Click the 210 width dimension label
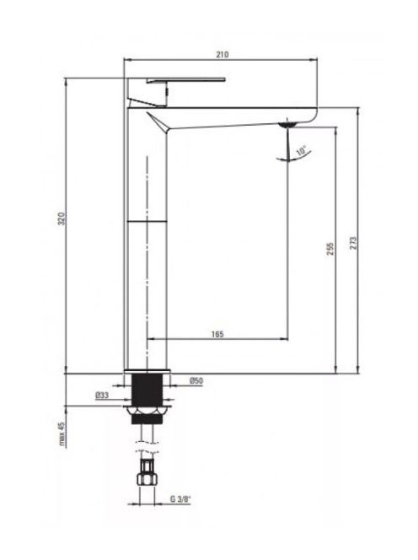click(x=222, y=55)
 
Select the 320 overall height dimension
click(x=62, y=218)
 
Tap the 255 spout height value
click(x=331, y=249)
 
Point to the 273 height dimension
click(x=353, y=243)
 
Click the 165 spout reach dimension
click(x=217, y=334)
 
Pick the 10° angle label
click(x=302, y=150)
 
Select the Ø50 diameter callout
click(x=196, y=380)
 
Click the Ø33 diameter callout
click(x=102, y=396)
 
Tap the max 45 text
click(x=62, y=434)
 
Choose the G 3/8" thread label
click(x=180, y=499)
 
